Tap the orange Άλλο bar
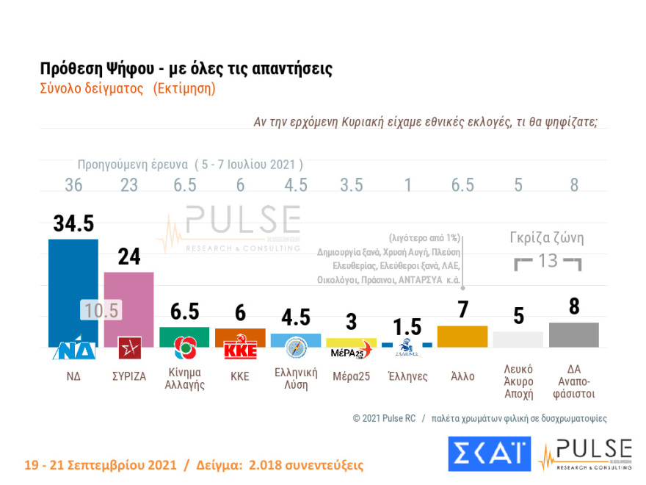(x=462, y=336)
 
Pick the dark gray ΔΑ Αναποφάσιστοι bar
(x=573, y=334)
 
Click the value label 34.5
(x=73, y=223)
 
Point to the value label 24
(x=128, y=257)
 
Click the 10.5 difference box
(x=101, y=311)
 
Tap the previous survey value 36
(x=73, y=185)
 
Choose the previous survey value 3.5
(x=351, y=185)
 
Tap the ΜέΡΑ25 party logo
(x=351, y=351)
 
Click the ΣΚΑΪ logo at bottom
(x=488, y=453)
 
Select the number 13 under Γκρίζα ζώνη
(x=548, y=261)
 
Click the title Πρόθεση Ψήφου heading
(x=186, y=69)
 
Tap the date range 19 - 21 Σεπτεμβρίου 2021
(x=100, y=466)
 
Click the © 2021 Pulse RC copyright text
(x=384, y=418)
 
